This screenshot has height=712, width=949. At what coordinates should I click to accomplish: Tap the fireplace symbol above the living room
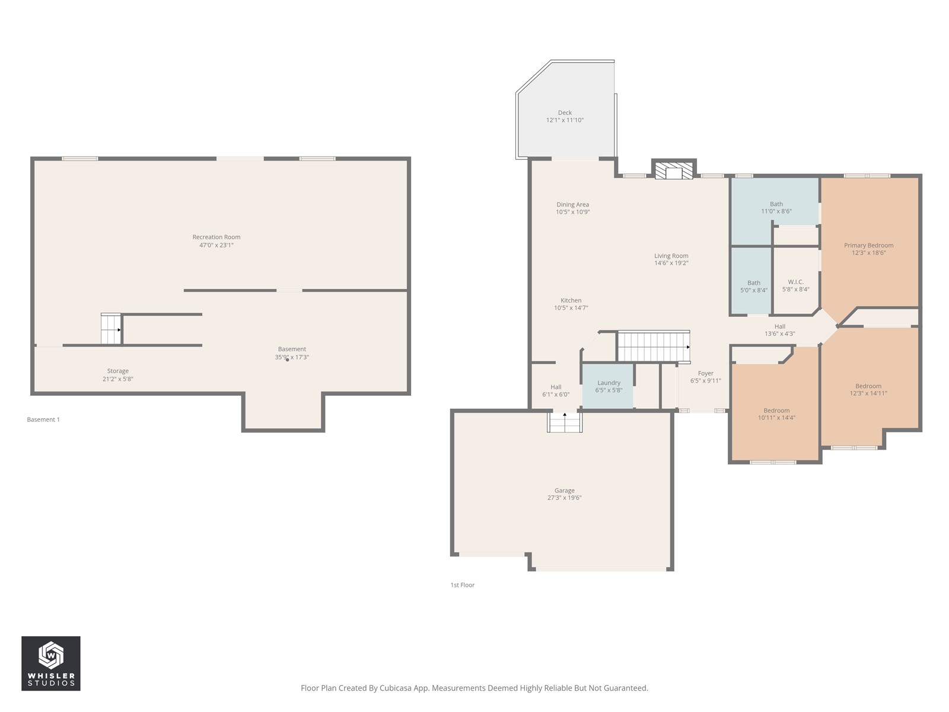[674, 170]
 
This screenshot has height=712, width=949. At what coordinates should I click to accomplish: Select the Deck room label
[565, 112]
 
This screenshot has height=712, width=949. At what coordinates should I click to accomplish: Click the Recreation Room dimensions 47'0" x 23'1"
[216, 245]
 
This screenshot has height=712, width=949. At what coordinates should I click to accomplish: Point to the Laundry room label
[609, 383]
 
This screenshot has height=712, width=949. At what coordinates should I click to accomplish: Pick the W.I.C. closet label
[795, 282]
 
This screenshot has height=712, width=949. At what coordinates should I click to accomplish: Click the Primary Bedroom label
[868, 245]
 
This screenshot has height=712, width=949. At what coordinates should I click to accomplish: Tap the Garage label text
[564, 490]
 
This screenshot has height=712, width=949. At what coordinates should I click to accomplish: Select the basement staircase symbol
[111, 329]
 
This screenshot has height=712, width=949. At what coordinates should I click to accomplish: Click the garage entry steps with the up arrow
[565, 422]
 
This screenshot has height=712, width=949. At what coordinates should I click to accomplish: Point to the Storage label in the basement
[117, 371]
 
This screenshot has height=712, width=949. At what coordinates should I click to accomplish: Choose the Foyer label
[706, 373]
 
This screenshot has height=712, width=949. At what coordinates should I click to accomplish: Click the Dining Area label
[572, 205]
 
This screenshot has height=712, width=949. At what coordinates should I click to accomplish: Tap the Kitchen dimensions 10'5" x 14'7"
[571, 308]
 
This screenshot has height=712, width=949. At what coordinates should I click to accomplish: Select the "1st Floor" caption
[462, 585]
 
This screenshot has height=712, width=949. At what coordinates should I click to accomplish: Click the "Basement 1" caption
[43, 419]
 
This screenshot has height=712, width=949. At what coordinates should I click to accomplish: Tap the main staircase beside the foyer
[653, 346]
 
